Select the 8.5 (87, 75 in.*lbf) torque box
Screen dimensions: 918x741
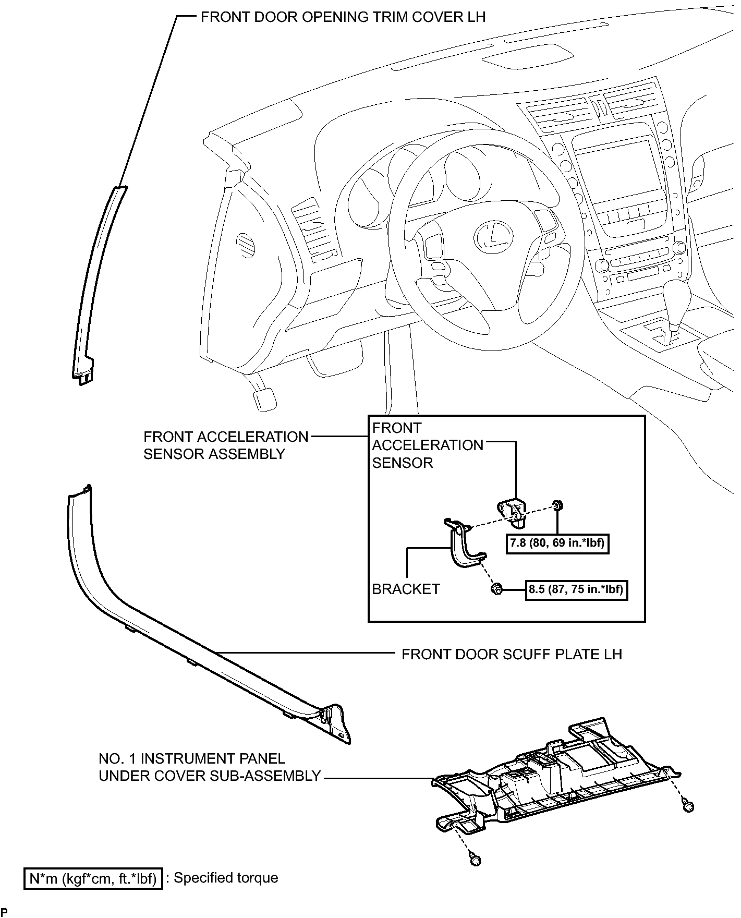coord(576,590)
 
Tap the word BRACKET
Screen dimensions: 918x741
coord(406,589)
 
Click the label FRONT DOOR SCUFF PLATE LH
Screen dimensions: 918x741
coord(512,654)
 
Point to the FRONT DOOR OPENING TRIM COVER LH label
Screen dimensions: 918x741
coord(343,17)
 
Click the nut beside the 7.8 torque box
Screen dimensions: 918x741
coord(557,505)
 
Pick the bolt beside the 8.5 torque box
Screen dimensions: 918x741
coord(496,590)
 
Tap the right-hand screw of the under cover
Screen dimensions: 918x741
coord(688,822)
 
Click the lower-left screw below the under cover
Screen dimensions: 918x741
coord(475,860)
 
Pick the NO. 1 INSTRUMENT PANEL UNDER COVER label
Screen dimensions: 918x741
coord(209,767)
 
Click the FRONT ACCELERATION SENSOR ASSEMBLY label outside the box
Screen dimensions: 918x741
coord(225,445)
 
